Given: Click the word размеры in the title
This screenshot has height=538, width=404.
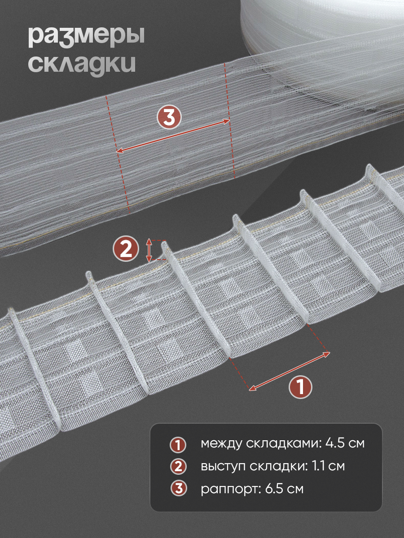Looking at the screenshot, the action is (x=86, y=37).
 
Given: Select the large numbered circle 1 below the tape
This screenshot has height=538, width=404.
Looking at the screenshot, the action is (x=300, y=387).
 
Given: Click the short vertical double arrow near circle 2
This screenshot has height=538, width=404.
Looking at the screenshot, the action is (x=149, y=250).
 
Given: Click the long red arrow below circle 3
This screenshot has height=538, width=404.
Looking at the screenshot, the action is (x=173, y=136).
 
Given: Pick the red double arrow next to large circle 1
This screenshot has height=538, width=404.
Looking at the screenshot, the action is (x=290, y=371).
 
